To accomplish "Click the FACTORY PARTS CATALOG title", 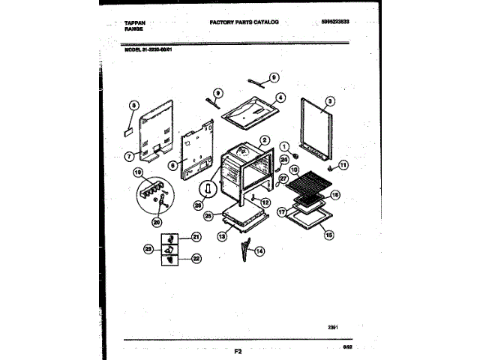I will pos(244,22).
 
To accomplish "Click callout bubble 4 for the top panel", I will pos(280,96).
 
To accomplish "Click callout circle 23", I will pos(148,248).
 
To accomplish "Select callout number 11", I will pos(344,165).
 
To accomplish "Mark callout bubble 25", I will pos(284,159).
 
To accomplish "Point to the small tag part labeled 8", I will pos(128,128).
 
